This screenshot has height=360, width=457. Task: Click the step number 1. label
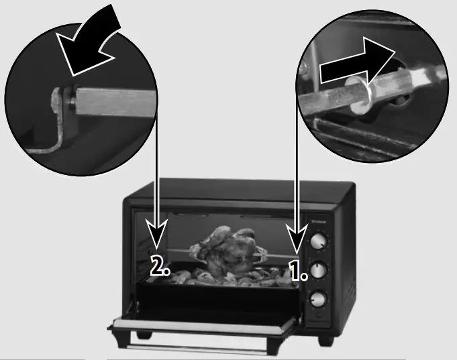pyautogui.click(x=298, y=269)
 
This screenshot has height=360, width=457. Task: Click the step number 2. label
pyautogui.click(x=160, y=267)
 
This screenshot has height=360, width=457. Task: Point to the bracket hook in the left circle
pyautogui.click(x=54, y=127)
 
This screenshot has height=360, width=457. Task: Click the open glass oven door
pyautogui.click(x=201, y=326)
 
